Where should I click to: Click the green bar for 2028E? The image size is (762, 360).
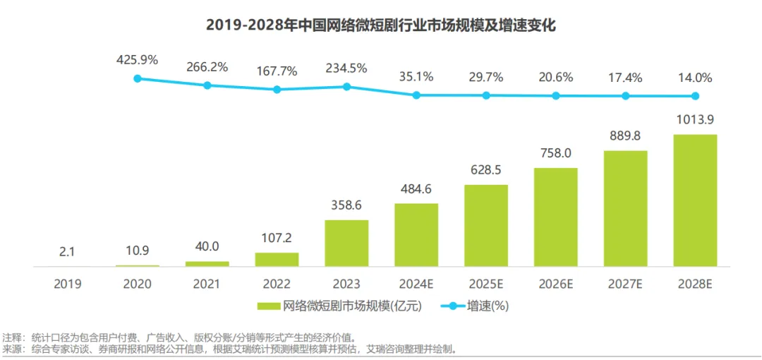(695, 200)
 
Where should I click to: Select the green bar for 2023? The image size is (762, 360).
(346, 244)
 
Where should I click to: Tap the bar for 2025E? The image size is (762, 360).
(485, 226)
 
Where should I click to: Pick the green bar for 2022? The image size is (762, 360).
(277, 260)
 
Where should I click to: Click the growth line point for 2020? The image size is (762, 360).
(138, 78)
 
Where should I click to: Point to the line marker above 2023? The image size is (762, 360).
(346, 86)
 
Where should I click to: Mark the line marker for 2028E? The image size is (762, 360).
(695, 96)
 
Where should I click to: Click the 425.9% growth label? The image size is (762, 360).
(138, 60)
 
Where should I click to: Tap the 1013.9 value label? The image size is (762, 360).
(695, 119)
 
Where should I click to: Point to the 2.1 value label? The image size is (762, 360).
(68, 253)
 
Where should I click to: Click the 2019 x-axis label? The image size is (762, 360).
(68, 284)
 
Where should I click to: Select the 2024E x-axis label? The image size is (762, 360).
(416, 284)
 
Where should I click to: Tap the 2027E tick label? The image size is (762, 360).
(625, 284)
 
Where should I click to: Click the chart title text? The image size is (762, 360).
(381, 26)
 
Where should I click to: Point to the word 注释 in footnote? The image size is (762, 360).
(12, 337)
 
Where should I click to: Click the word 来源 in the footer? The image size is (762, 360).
(12, 349)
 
